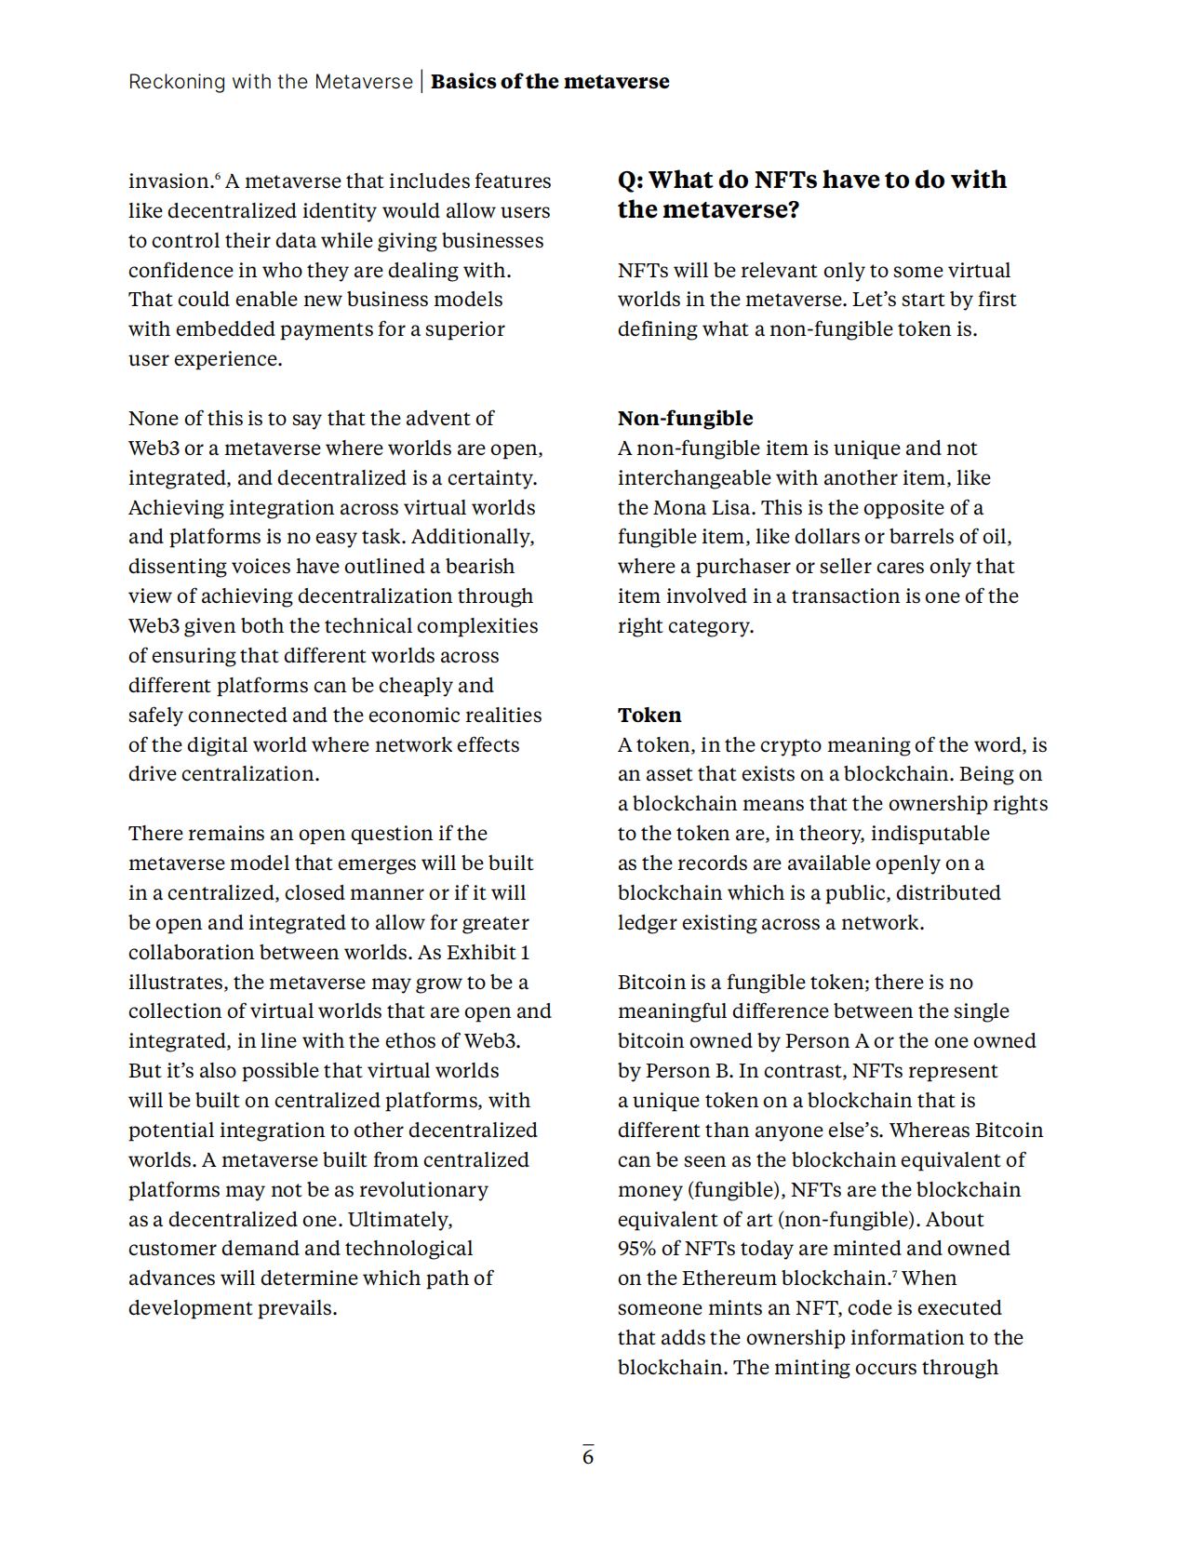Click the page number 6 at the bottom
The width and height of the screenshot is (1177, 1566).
pos(588,1456)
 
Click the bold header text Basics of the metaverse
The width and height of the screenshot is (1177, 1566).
pos(550,82)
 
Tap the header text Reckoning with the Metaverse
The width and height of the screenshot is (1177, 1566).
pos(271,82)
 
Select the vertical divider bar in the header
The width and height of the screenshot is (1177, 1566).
pos(422,82)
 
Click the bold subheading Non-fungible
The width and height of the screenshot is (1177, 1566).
pos(686,419)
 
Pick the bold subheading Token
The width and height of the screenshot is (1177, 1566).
pos(649,716)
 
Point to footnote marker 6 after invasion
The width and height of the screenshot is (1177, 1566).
pos(219,176)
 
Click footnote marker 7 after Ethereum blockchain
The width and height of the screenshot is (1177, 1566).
pos(895,1273)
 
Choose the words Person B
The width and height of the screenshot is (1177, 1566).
pos(689,1071)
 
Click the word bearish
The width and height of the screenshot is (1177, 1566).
pos(480,567)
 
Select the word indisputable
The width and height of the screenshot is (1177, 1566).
pos(930,834)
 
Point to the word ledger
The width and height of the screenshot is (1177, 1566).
pos(649,923)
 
